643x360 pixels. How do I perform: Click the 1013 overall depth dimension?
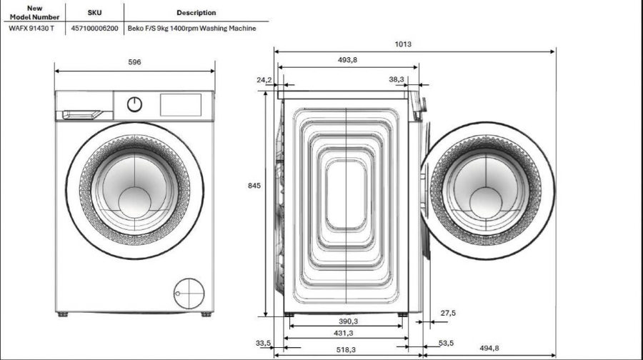coord(403,44)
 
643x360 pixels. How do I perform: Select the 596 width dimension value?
coord(134,62)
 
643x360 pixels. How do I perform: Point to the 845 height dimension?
coord(254,186)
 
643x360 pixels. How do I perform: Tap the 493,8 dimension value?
coord(347,61)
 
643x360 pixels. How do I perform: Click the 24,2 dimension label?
coord(264,80)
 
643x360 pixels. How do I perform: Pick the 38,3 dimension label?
coord(397,80)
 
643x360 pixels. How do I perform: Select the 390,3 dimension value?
coord(347,321)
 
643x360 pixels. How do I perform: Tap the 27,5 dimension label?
coord(448,313)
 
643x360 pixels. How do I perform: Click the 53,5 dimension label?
coord(447,344)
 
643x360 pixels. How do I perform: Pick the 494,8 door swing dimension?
coord(489,348)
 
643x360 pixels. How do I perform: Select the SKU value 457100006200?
coord(95,29)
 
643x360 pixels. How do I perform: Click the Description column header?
coord(196,13)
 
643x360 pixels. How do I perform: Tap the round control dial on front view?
coord(134,105)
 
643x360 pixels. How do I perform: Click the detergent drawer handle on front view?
coord(84,113)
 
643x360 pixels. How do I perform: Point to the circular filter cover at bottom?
coord(188,292)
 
